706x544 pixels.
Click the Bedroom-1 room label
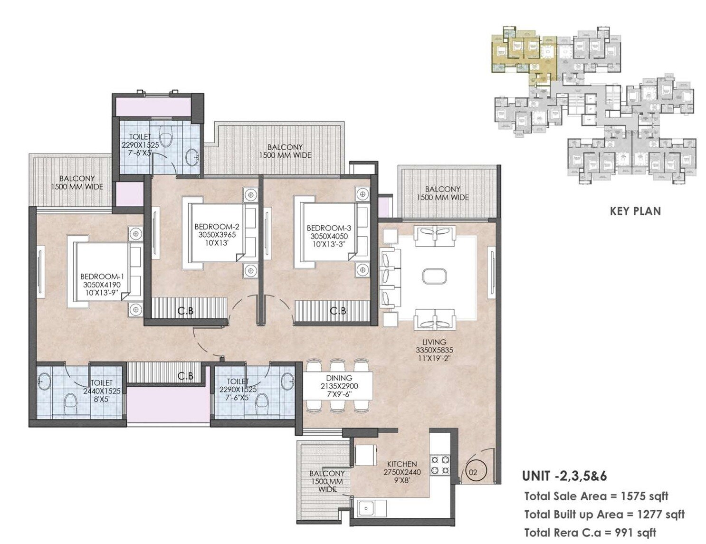point(102,277)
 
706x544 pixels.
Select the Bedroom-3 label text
point(329,228)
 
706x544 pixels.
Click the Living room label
point(434,342)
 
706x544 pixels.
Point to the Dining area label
point(339,378)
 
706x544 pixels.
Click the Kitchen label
point(402,464)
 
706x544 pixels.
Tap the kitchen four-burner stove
point(440,465)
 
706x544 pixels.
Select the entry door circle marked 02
point(473,472)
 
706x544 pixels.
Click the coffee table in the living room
point(434,277)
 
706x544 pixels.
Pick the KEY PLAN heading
point(635,211)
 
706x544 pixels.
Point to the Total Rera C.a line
point(590,533)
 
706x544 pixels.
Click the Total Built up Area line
point(604,515)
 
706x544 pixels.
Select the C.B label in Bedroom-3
point(338,311)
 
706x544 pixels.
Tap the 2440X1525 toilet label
point(102,391)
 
